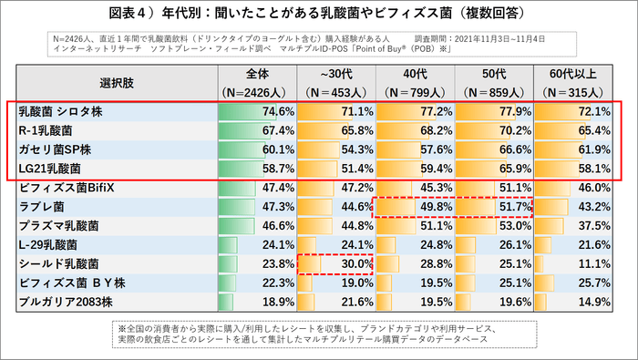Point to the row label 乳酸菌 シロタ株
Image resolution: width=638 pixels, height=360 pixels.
63,111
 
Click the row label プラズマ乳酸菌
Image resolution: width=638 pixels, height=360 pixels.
58,226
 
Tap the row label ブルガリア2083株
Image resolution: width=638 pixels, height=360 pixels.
63,303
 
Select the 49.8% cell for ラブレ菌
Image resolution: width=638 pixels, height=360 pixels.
433,207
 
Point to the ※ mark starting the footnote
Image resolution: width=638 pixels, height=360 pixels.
121,327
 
